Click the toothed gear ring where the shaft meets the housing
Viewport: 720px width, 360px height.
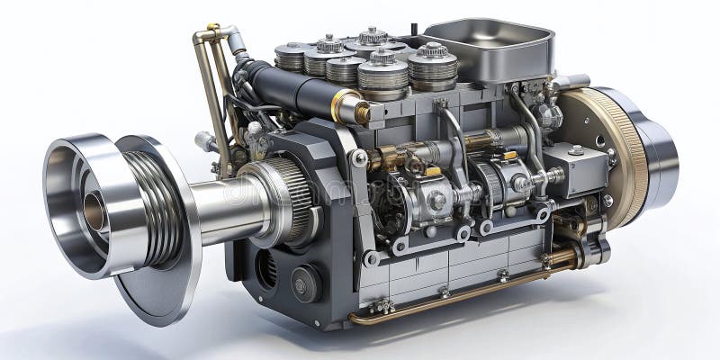(284, 198)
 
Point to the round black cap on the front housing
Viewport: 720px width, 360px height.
(305, 283)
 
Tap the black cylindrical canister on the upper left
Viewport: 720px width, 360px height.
(288, 90)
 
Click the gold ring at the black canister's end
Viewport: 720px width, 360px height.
(346, 107)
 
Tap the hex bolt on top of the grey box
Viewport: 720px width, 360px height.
(576, 150)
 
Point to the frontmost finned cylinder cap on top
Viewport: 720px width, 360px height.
(383, 76)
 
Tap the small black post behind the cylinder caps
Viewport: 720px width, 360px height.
(414, 30)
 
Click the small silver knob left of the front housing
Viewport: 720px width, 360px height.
(205, 140)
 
